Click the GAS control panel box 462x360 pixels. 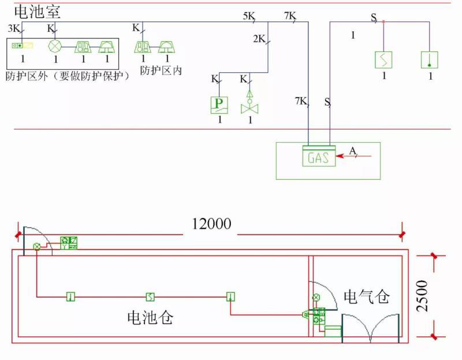[319, 157]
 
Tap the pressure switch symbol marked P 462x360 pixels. [219, 105]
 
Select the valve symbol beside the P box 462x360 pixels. [249, 105]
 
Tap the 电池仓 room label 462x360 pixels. [150, 317]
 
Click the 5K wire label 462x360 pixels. [249, 16]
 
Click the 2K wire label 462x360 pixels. [259, 39]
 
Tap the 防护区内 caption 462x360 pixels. [161, 71]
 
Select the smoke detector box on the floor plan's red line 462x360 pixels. [150, 297]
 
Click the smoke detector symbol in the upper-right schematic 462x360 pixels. [383, 60]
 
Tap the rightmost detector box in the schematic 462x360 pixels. [429, 60]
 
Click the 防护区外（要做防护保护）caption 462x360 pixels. [66, 76]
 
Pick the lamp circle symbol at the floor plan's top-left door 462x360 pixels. [37, 247]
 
